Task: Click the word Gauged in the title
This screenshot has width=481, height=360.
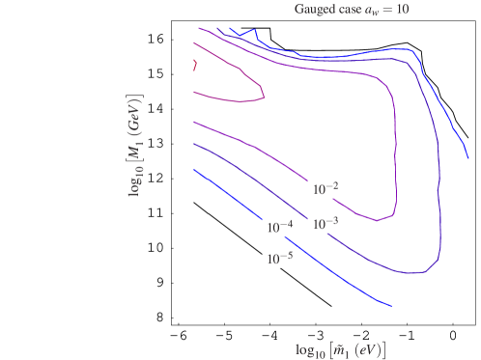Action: point(316,10)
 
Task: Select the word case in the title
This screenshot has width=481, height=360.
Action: point(354,10)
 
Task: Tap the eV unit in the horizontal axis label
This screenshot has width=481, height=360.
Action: point(370,346)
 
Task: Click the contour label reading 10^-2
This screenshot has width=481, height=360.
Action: point(325,188)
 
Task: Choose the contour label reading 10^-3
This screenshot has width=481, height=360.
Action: point(325,223)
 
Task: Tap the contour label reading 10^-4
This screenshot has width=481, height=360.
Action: point(279,227)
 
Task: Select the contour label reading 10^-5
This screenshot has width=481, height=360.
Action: point(279,259)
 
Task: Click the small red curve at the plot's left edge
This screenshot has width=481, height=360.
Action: point(195,65)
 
